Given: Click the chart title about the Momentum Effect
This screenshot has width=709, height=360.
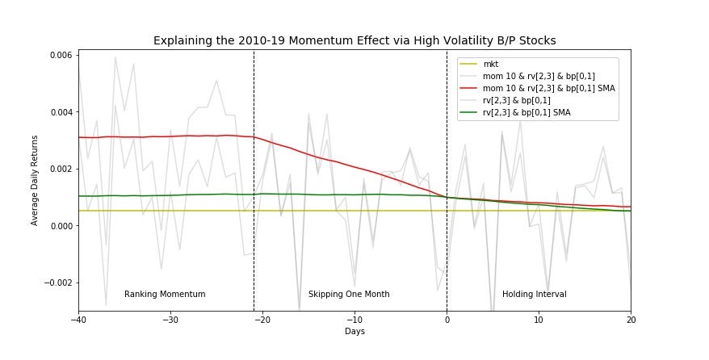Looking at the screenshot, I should click(354, 40).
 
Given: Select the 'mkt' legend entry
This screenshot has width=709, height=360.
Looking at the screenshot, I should click(491, 64).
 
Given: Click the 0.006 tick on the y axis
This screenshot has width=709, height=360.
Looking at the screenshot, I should click(60, 55).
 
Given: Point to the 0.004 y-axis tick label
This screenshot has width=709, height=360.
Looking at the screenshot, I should click(60, 112).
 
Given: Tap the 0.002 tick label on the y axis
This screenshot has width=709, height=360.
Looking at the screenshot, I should click(60, 169).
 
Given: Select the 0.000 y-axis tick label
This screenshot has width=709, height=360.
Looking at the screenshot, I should click(60, 226).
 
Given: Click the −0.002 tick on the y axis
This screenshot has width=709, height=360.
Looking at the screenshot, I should click(57, 283).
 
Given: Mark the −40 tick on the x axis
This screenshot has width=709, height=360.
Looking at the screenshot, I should click(78, 320).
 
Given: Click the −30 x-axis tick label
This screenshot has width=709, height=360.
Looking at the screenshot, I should click(170, 320).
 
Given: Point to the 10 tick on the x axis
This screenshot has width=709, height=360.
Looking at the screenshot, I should click(539, 320).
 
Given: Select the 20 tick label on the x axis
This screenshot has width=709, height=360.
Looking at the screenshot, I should click(631, 320).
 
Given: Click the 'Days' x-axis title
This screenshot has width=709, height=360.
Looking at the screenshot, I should click(354, 332).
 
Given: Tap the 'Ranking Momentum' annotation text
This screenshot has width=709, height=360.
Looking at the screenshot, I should click(165, 295).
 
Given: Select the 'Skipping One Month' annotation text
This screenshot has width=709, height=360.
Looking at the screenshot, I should click(349, 295).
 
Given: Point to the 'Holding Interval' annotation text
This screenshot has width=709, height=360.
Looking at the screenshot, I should click(535, 295).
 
